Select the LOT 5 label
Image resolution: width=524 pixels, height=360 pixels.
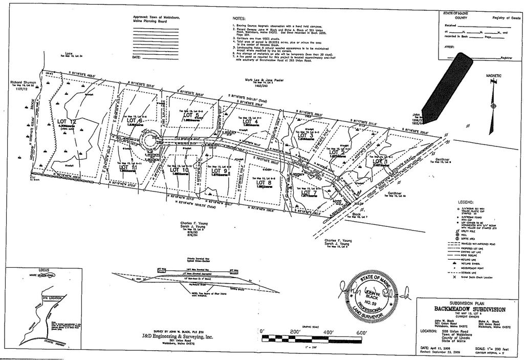pyautogui.click(x=190, y=115)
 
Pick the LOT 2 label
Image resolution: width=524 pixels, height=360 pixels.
pyautogui.click(x=336, y=153)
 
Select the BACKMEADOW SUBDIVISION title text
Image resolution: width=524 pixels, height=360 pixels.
pyautogui.click(x=470, y=310)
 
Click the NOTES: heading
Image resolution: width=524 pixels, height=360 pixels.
pyautogui.click(x=239, y=18)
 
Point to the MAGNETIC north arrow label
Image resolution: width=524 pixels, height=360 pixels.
pyautogui.click(x=493, y=75)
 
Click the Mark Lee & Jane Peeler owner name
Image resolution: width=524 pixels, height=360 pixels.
pyautogui.click(x=261, y=80)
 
